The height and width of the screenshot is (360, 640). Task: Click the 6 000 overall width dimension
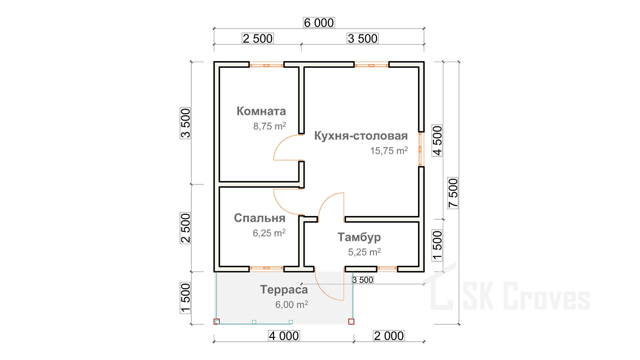pyautogui.click(x=319, y=23)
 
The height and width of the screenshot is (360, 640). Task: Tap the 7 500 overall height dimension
pyautogui.click(x=453, y=193)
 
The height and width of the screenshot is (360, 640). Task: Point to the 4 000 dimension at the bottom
pyautogui.click(x=284, y=336)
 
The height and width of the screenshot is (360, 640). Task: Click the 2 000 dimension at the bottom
pyautogui.click(x=389, y=336)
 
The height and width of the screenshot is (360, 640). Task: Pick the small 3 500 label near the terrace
pyautogui.click(x=363, y=280)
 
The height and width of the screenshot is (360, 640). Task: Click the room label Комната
pyautogui.click(x=261, y=111)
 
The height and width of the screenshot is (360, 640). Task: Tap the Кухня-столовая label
pyautogui.click(x=361, y=136)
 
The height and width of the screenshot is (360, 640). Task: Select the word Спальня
pyautogui.click(x=260, y=218)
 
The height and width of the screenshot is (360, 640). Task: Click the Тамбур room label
pyautogui.click(x=359, y=237)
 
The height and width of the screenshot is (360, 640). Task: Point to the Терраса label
pyautogui.click(x=284, y=290)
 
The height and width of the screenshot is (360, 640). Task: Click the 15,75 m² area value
pyautogui.click(x=389, y=151)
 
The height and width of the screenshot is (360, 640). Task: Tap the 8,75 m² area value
pyautogui.click(x=270, y=126)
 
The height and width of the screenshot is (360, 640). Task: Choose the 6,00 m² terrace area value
pyautogui.click(x=292, y=304)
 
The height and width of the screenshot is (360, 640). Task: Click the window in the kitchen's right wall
pyautogui.click(x=421, y=149)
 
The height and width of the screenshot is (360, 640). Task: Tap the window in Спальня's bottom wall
pyautogui.click(x=266, y=268)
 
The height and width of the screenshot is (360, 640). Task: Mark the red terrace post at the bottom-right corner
pyautogui.click(x=351, y=321)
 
